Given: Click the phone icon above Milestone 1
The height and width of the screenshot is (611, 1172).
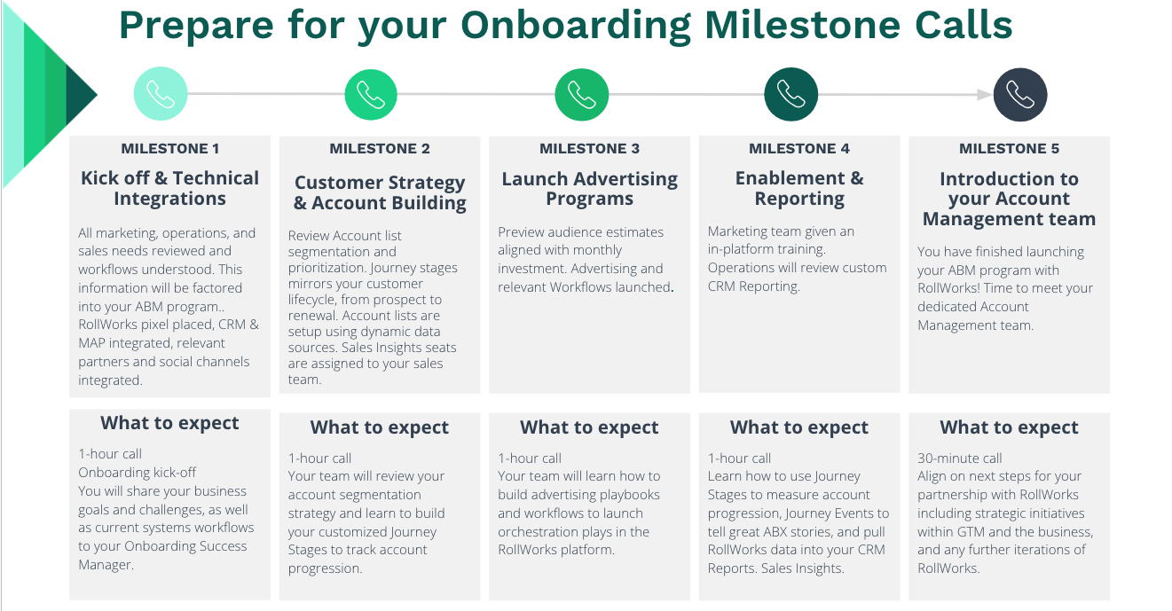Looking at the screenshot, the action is (x=161, y=94).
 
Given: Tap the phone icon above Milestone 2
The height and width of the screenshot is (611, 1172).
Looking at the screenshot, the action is (x=371, y=95).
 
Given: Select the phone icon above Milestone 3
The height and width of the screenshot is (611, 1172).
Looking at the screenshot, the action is (x=582, y=95).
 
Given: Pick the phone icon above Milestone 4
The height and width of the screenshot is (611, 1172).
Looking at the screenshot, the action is (x=791, y=94).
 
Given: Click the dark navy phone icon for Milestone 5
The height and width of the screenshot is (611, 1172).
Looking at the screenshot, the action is (x=1020, y=95).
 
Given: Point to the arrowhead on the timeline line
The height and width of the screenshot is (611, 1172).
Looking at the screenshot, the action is (x=985, y=95).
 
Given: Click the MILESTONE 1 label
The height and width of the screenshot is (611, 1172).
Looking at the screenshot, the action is (x=170, y=149).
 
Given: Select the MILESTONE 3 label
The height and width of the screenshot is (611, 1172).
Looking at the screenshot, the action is (x=590, y=149).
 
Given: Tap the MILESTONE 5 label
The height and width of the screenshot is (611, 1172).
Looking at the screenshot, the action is (x=1009, y=149).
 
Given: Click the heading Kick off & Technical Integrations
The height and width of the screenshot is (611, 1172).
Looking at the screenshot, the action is (x=170, y=188).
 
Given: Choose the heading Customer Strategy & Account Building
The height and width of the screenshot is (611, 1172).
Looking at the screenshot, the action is (x=380, y=192).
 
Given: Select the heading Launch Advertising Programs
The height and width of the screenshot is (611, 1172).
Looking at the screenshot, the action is (x=590, y=188).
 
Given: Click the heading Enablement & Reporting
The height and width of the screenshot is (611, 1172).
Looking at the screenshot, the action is (x=799, y=188).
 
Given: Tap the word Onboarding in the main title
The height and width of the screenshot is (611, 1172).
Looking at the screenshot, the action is (x=576, y=25).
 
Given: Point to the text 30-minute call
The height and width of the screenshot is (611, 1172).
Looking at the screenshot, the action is (x=960, y=458).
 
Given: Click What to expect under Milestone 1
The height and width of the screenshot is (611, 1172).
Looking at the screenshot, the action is (x=170, y=423).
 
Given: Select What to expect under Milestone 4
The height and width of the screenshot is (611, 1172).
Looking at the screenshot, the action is (x=799, y=427).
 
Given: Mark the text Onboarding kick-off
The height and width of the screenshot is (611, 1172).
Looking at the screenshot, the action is (x=138, y=473).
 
